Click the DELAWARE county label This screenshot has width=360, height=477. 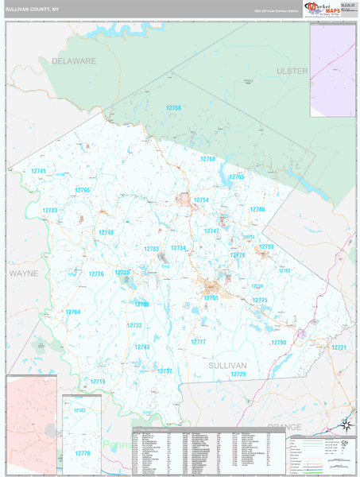73,60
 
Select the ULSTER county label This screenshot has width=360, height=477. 292,71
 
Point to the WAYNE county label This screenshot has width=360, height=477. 23,273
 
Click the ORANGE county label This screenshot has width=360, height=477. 284,427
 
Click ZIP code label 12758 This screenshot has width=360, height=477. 173,107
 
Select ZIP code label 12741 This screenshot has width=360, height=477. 38,172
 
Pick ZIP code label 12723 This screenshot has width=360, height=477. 50,211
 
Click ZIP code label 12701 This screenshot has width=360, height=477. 211,297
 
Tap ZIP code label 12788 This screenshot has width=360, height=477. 257,209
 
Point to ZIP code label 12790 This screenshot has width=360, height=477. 278,342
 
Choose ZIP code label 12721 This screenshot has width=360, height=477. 339,347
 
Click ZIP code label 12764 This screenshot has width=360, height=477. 73,312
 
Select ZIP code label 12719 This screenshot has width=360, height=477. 97,382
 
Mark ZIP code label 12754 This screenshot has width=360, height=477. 201,200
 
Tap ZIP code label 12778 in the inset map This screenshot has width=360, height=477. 82,452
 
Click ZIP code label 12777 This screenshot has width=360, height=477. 198,341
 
